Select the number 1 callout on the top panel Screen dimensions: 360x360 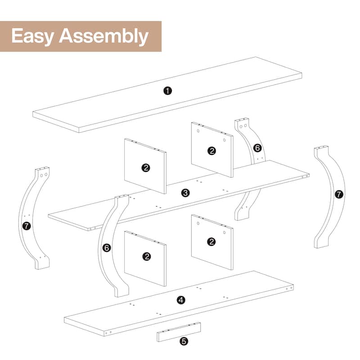(x=167, y=90)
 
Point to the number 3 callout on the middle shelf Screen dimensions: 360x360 (x=185, y=193)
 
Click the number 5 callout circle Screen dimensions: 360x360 (x=184, y=342)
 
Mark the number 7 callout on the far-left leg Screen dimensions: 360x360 (x=27, y=226)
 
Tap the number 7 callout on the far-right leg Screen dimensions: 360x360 (x=339, y=194)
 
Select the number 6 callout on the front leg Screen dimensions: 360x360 (x=107, y=247)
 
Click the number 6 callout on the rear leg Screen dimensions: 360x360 (x=257, y=148)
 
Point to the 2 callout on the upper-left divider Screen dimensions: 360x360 (x=145, y=168)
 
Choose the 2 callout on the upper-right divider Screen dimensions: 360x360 (x=211, y=151)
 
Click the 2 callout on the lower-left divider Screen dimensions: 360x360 (x=146, y=256)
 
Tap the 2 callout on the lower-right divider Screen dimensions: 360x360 (x=211, y=242)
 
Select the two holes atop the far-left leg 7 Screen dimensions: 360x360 (x=42, y=172)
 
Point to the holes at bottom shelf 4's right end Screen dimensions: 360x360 (x=290, y=287)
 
